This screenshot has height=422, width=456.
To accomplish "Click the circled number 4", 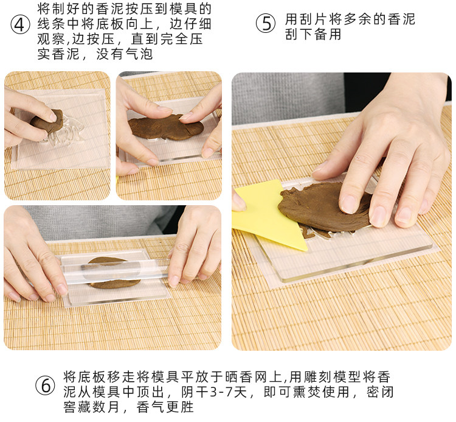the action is pos(20,24).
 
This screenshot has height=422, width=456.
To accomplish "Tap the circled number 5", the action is pos(266,23).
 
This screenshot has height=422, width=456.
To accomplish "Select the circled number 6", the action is pos(45,385).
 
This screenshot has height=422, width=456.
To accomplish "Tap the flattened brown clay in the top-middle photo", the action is pos(166,127).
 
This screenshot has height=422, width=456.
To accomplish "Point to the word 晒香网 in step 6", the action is pos(247,377).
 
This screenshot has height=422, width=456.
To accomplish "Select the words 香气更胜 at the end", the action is pos(165,407).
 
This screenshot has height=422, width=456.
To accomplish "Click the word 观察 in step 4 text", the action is pos(51,39).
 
